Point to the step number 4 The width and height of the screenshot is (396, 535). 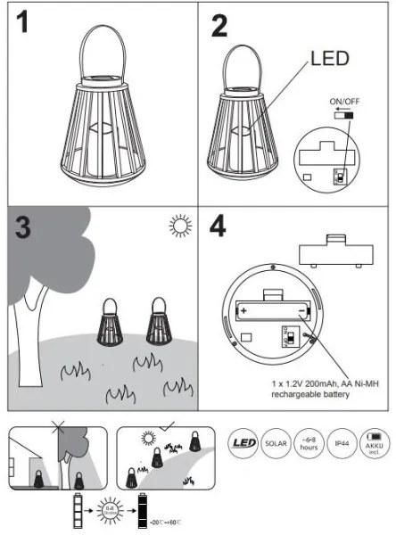[219, 229]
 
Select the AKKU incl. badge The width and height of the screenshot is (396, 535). [375, 441]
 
